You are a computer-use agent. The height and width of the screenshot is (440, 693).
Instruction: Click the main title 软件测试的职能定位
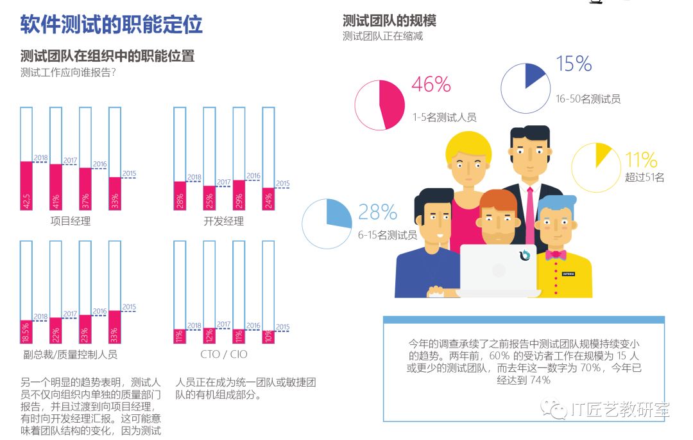[x=112, y=24]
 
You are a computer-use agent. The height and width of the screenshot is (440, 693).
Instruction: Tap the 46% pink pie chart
[x=380, y=105]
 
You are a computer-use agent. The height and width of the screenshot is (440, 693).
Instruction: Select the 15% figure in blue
[x=574, y=64]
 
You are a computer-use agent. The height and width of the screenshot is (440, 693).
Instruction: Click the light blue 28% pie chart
[x=327, y=224]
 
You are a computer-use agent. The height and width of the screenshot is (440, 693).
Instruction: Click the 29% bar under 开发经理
[x=239, y=195]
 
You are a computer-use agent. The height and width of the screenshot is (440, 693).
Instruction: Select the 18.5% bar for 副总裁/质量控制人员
[x=26, y=332]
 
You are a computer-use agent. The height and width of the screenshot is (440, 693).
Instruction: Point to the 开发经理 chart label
[x=223, y=222]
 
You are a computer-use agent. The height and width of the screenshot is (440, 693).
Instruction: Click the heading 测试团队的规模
[x=389, y=21]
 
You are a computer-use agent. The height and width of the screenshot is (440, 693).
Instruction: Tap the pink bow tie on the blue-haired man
[x=556, y=255]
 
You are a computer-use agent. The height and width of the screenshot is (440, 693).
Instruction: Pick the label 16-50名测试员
[x=588, y=99]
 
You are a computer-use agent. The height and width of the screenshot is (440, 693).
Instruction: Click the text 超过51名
[x=644, y=177]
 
